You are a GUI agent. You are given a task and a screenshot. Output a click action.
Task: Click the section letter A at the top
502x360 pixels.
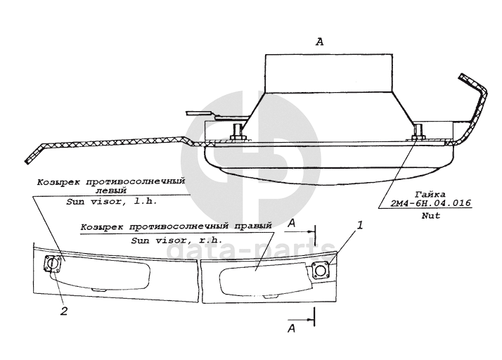pyautogui.click(x=320, y=42)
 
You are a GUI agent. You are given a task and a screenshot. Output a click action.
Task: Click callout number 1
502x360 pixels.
pyautogui.click(x=360, y=226)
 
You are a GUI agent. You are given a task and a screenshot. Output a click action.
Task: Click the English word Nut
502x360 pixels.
pyautogui.click(x=431, y=216)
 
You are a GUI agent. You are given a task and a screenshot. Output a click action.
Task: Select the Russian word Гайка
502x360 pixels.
pyautogui.click(x=430, y=192)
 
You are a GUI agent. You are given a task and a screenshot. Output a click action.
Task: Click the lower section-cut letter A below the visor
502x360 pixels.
pyautogui.click(x=292, y=328)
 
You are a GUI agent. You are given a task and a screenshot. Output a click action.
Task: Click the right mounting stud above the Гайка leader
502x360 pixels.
pyautogui.click(x=419, y=131)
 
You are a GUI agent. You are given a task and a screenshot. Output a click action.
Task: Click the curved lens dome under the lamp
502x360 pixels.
pyautogui.click(x=323, y=167)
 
